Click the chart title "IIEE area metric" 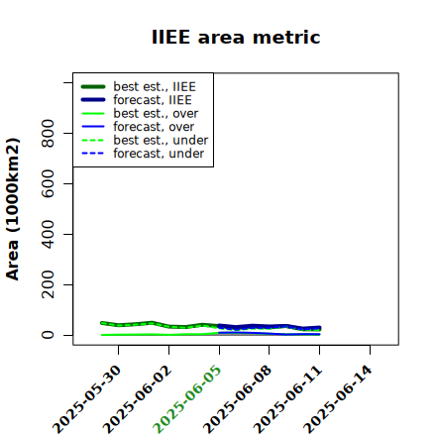click(236, 37)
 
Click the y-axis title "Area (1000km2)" click(13, 209)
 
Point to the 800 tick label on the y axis click(48, 133)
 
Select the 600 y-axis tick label click(48, 183)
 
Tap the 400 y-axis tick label click(48, 234)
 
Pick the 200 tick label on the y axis click(48, 284)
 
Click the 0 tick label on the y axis click(48, 335)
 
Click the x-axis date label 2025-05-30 click(87, 399)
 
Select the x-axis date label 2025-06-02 click(137, 399)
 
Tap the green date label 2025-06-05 click(187, 399)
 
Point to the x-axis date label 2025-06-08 click(238, 399)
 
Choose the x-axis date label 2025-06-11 click(287, 399)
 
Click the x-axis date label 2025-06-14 click(338, 399)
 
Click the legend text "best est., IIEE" click(155, 86)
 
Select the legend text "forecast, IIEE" click(153, 100)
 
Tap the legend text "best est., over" click(156, 113)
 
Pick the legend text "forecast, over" click(154, 127)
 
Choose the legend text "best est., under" click(161, 140)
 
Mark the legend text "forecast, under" click(159, 154)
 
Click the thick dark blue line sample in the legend click(93, 100)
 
